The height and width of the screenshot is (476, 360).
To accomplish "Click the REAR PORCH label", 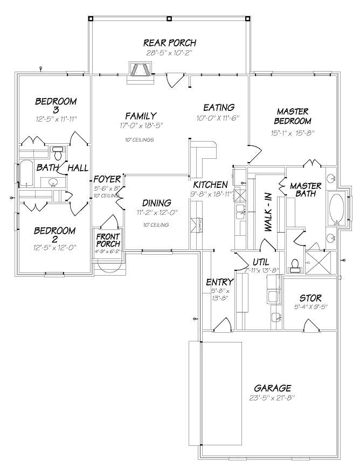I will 169,43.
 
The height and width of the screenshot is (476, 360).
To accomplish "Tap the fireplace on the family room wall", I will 140,71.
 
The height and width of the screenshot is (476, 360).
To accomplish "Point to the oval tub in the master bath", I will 337,208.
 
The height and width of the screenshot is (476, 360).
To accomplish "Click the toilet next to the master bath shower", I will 295,262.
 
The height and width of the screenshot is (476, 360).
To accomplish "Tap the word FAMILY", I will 141,116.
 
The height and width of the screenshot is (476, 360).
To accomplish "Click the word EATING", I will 218,108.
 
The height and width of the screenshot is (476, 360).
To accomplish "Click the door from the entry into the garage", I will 222,325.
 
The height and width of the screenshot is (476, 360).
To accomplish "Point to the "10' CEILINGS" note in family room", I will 139,140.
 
